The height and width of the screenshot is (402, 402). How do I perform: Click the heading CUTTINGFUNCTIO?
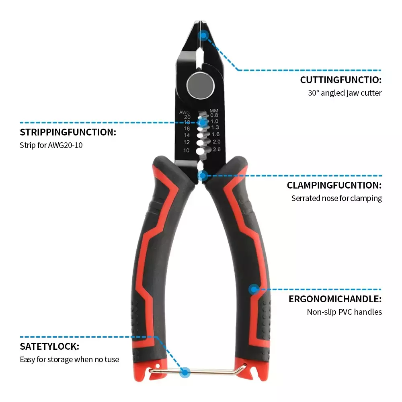click(341, 80)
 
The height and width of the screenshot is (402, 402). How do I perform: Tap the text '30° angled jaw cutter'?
click(345, 93)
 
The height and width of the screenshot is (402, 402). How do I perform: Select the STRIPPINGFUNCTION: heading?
click(68, 132)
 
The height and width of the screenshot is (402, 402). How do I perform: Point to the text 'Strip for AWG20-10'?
click(51, 145)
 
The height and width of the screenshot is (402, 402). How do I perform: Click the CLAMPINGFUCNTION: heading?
click(334, 185)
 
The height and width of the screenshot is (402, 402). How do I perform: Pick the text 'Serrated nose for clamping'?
click(336, 198)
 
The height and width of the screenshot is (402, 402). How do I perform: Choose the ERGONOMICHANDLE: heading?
click(335, 299)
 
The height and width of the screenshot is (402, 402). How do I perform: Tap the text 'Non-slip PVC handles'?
click(345, 312)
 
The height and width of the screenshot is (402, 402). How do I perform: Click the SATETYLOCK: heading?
click(49, 347)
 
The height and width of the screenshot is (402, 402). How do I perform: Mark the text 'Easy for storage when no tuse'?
click(70, 359)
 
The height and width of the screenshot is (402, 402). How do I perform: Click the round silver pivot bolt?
click(200, 85)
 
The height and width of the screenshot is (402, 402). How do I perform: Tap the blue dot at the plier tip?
click(203, 35)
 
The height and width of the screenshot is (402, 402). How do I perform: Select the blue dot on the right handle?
click(254, 289)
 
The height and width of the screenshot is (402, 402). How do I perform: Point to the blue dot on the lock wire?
click(185, 372)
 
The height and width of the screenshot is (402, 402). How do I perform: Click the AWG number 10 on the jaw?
click(187, 150)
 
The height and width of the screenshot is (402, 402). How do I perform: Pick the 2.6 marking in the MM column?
click(217, 149)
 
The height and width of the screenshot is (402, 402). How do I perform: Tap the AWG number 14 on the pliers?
click(187, 135)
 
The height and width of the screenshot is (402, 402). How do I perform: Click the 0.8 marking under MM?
click(214, 115)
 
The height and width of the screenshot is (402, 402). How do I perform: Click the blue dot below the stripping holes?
click(203, 176)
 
